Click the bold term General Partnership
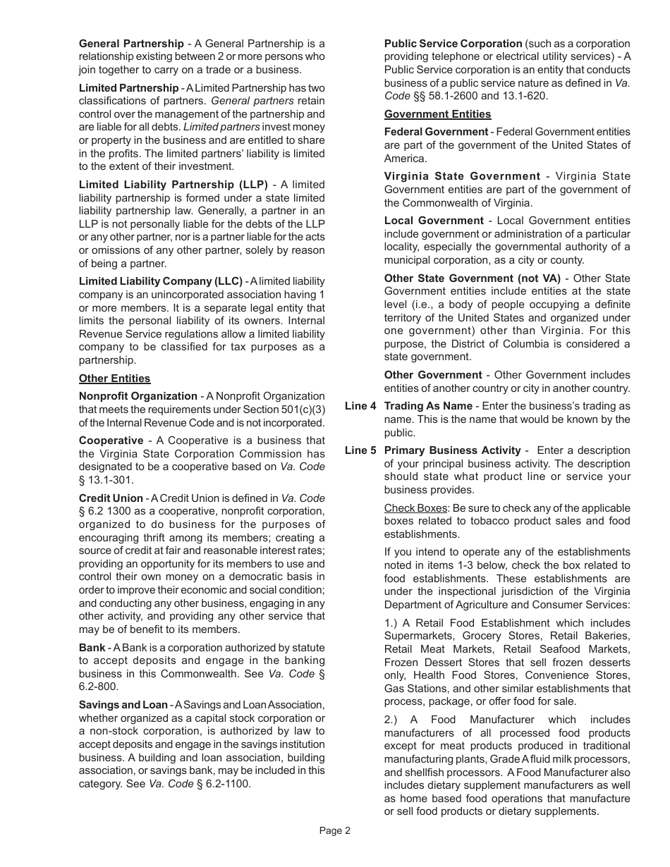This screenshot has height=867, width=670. click(131, 44)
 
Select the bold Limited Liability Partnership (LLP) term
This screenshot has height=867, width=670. click(173, 185)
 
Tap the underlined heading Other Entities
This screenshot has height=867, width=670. click(114, 379)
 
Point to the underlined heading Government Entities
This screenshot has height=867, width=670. click(437, 114)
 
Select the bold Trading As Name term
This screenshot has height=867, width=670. click(428, 406)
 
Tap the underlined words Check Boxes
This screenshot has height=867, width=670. click(415, 508)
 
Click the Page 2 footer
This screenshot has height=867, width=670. click(335, 830)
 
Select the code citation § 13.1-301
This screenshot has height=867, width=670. click(106, 480)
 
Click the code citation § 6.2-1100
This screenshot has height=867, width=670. click(223, 784)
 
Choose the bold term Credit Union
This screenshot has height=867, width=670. click(111, 498)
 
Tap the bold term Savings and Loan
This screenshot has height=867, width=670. click(123, 705)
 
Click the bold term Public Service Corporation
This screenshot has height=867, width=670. click(453, 44)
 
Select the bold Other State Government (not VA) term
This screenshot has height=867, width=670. click(472, 278)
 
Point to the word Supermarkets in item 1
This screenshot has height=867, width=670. click(418, 637)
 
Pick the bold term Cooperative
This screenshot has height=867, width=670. click(111, 441)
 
